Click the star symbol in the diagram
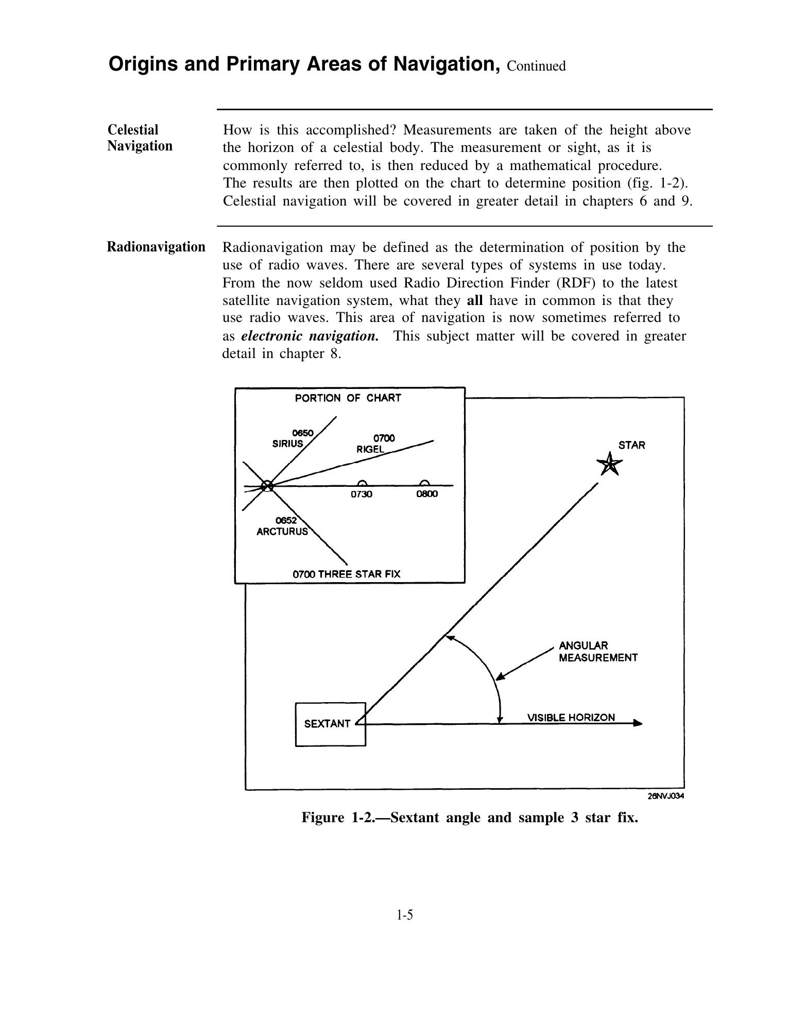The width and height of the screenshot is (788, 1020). pos(609,465)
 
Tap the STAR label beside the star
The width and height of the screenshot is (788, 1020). pos(631,446)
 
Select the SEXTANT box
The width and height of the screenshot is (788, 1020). pos(330,724)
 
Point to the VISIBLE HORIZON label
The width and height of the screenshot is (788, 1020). pos(571,717)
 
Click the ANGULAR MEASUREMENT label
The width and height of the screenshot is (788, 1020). pos(598,652)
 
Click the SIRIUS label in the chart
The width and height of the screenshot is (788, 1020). pos(287,444)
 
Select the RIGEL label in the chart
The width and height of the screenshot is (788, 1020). pos(370,449)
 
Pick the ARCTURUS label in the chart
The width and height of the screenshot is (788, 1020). pos(282,532)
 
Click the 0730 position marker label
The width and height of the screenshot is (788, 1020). pos(362,495)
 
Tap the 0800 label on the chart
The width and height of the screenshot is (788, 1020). pos(427,495)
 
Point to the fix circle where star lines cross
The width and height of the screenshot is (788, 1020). pos(266,486)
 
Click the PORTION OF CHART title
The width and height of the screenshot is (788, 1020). pos(348,398)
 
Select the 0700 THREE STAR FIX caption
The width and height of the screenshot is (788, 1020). pos(346,574)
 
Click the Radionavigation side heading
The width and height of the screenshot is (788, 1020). pos(156,247)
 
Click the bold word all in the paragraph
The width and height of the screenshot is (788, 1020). pos(474,300)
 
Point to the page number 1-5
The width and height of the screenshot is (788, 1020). pos(405,915)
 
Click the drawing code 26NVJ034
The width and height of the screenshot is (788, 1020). pos(665,796)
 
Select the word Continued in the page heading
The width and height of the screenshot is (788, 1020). pos(536,66)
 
